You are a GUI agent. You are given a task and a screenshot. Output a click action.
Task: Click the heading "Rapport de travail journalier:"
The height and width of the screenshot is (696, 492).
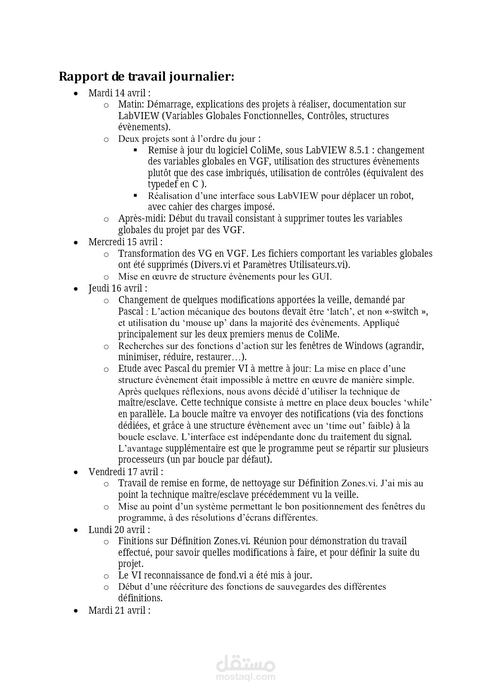[146, 77]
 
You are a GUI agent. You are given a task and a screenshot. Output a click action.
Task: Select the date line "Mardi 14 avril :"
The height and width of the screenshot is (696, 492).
[119, 93]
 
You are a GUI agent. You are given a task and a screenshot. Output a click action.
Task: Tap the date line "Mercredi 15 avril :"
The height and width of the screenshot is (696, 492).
[125, 242]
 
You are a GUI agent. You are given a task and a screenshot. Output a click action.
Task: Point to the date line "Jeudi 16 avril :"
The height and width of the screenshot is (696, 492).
[118, 288]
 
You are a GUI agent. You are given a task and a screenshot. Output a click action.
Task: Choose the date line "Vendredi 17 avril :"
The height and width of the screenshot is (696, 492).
[126, 472]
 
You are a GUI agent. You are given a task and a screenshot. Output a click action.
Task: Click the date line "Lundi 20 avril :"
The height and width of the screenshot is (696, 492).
[119, 530]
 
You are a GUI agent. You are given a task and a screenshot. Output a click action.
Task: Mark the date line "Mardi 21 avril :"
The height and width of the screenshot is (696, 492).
[119, 610]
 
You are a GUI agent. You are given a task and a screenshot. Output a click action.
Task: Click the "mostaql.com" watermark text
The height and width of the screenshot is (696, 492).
[246, 677]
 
